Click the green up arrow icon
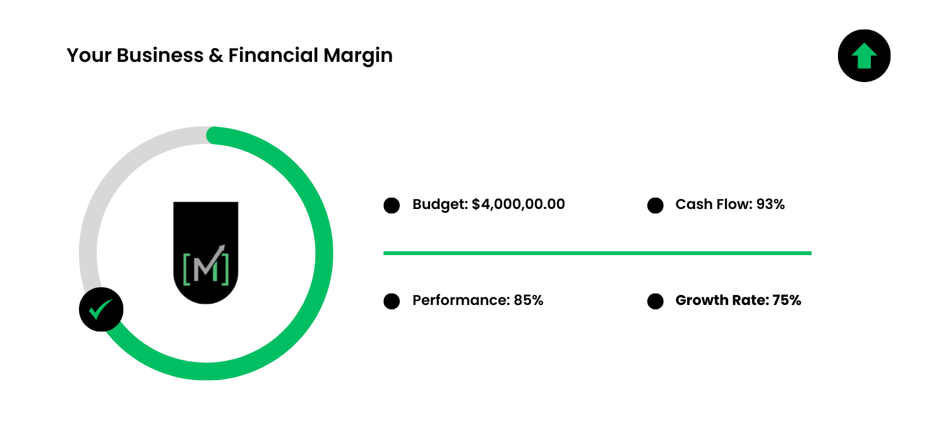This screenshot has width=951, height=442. pos(864,56)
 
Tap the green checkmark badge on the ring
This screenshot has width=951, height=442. pos(101,309)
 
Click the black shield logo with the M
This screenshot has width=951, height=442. pos(206,253)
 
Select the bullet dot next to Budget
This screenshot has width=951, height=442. pos(392,205)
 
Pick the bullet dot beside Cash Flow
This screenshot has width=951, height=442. pos(655,205)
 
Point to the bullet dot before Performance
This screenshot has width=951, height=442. pos(392,301)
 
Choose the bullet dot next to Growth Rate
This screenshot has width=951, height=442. pos(655,301)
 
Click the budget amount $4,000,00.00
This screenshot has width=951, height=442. pos(518,205)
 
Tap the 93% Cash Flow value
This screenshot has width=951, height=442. pos(770,204)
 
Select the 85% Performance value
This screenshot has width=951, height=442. pos(528,300)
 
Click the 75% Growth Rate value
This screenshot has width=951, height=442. pos(787,300)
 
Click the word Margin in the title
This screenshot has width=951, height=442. pos(358,56)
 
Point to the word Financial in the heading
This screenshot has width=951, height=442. pos(273,55)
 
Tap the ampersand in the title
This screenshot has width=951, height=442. pos(216,56)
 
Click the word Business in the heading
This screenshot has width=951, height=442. pos(160,55)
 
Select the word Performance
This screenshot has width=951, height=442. pos(461,300)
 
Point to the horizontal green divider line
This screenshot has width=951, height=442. pos(597,253)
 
